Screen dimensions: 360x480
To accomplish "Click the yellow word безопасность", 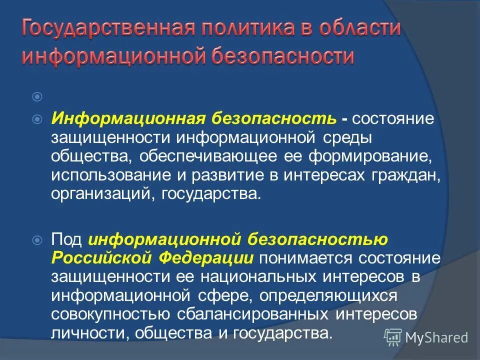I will click(272, 118).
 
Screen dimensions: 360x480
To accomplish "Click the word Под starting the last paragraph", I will click(67, 239).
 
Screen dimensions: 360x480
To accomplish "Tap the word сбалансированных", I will click(253, 314).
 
